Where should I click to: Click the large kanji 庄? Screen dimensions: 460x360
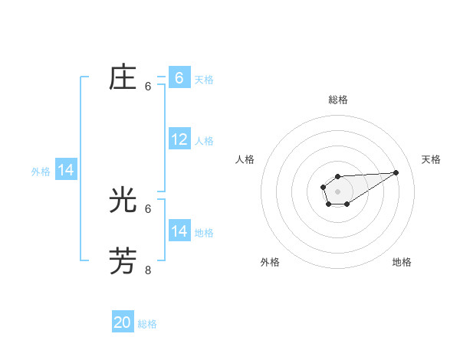[x=123, y=78]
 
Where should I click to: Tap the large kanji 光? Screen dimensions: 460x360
[x=123, y=201]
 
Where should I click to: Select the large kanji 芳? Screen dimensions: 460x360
[x=123, y=261]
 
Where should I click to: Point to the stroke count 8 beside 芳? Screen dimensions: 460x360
[x=148, y=270]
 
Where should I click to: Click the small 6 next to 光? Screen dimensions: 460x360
[x=148, y=208]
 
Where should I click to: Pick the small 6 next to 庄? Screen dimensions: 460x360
[x=148, y=87]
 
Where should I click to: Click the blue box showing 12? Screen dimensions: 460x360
[x=179, y=139]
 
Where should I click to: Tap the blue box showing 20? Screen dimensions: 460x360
[x=123, y=322]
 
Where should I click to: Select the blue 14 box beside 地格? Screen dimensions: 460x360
[x=179, y=231]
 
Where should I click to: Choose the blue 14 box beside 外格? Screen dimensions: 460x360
[x=66, y=170]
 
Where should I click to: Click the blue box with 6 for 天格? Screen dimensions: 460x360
[x=179, y=78]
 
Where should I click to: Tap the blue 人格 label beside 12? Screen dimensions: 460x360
[x=204, y=141]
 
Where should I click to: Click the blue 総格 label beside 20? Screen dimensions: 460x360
[x=147, y=324]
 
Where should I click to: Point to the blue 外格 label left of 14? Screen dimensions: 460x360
[x=41, y=172]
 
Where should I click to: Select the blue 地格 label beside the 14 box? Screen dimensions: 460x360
[x=204, y=233]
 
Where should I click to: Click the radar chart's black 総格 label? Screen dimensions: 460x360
[x=337, y=100]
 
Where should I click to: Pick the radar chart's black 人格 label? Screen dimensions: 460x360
[x=245, y=159]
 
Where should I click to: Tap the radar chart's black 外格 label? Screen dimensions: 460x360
[x=270, y=262]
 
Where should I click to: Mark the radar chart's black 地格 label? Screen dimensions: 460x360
[x=402, y=262]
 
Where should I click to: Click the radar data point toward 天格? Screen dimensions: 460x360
[x=396, y=172]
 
